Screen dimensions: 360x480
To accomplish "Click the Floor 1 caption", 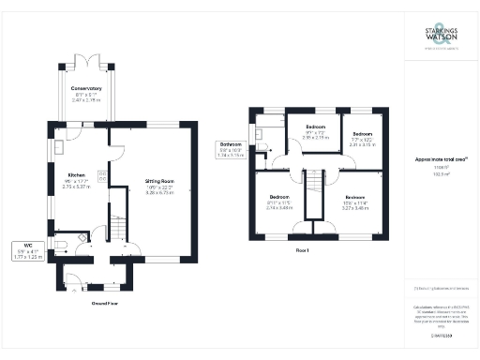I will (x=302, y=250).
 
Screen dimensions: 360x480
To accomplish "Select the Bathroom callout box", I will (x=230, y=149).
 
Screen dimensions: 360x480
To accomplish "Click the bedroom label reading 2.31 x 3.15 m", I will (x=362, y=141).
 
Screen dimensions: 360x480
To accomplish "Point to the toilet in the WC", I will (x=61, y=247).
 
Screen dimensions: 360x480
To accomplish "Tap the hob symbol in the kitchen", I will (x=102, y=176).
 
